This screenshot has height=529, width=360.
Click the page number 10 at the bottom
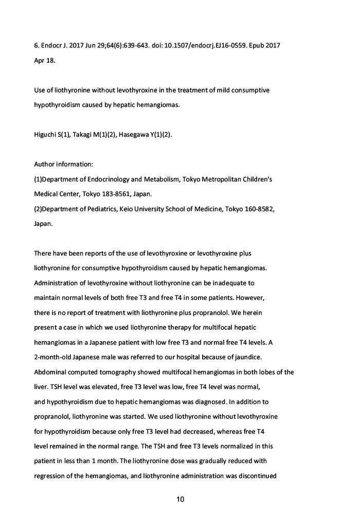click(x=180, y=499)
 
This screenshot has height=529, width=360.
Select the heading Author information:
click(x=63, y=165)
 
